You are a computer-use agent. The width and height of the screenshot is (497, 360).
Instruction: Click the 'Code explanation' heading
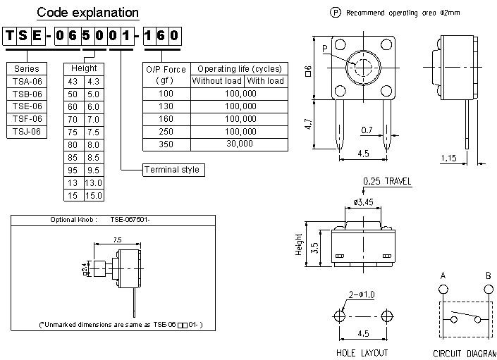87,13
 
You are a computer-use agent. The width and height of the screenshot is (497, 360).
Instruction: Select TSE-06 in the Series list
27,106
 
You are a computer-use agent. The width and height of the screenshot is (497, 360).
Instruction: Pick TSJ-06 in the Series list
27,131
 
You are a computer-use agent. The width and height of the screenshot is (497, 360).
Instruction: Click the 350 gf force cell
166,144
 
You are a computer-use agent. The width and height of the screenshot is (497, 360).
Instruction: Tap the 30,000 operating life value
240,144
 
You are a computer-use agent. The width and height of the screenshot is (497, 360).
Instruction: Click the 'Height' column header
83,68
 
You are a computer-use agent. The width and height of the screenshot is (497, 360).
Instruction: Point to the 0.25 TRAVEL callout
387,181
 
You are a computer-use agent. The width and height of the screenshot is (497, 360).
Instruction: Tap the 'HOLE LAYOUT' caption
362,352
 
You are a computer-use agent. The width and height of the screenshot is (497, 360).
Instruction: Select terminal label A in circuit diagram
442,275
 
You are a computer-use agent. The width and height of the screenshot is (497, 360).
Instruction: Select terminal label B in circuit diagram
488,275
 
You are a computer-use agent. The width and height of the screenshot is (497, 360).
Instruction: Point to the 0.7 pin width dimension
367,130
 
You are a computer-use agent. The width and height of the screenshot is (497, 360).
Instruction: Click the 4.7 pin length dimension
307,125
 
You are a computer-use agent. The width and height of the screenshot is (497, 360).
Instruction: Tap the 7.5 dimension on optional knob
117,240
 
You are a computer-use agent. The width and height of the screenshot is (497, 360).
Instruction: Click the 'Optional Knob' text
73,220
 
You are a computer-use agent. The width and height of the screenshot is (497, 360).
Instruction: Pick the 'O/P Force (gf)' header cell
166,75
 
